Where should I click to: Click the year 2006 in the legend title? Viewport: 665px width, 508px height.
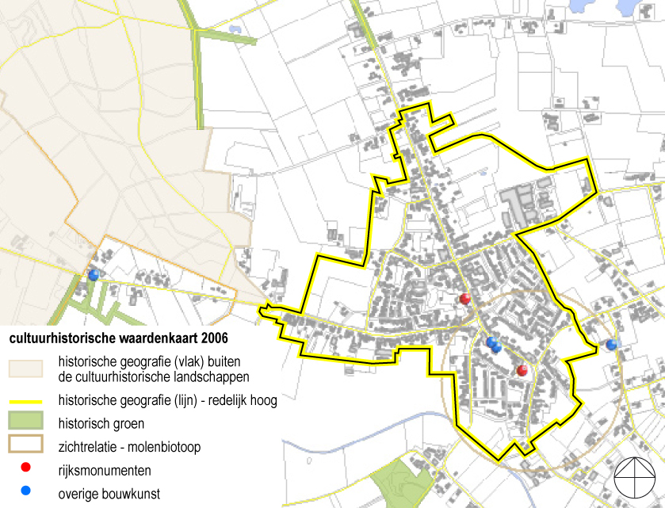213,338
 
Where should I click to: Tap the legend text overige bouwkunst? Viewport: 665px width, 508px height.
109,494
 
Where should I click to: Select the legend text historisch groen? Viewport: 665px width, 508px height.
101,424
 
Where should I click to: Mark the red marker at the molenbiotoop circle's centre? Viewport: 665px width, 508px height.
522,371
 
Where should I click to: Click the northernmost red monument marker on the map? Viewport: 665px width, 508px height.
465,299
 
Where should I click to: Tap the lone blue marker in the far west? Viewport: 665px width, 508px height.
94,275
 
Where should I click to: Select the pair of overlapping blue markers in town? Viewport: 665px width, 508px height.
493,345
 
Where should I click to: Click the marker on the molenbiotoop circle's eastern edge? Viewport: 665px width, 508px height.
610,344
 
